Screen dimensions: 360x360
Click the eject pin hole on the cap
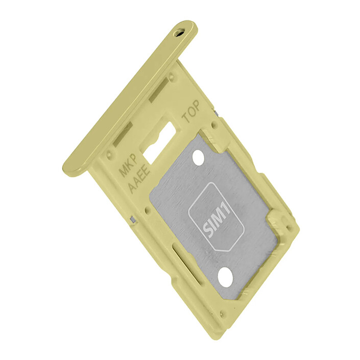tap(178, 32)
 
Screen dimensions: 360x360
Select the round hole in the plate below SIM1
tap(225, 277)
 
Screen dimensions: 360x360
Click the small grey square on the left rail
tap(133, 219)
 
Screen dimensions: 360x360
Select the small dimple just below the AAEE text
tap(147, 209)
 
